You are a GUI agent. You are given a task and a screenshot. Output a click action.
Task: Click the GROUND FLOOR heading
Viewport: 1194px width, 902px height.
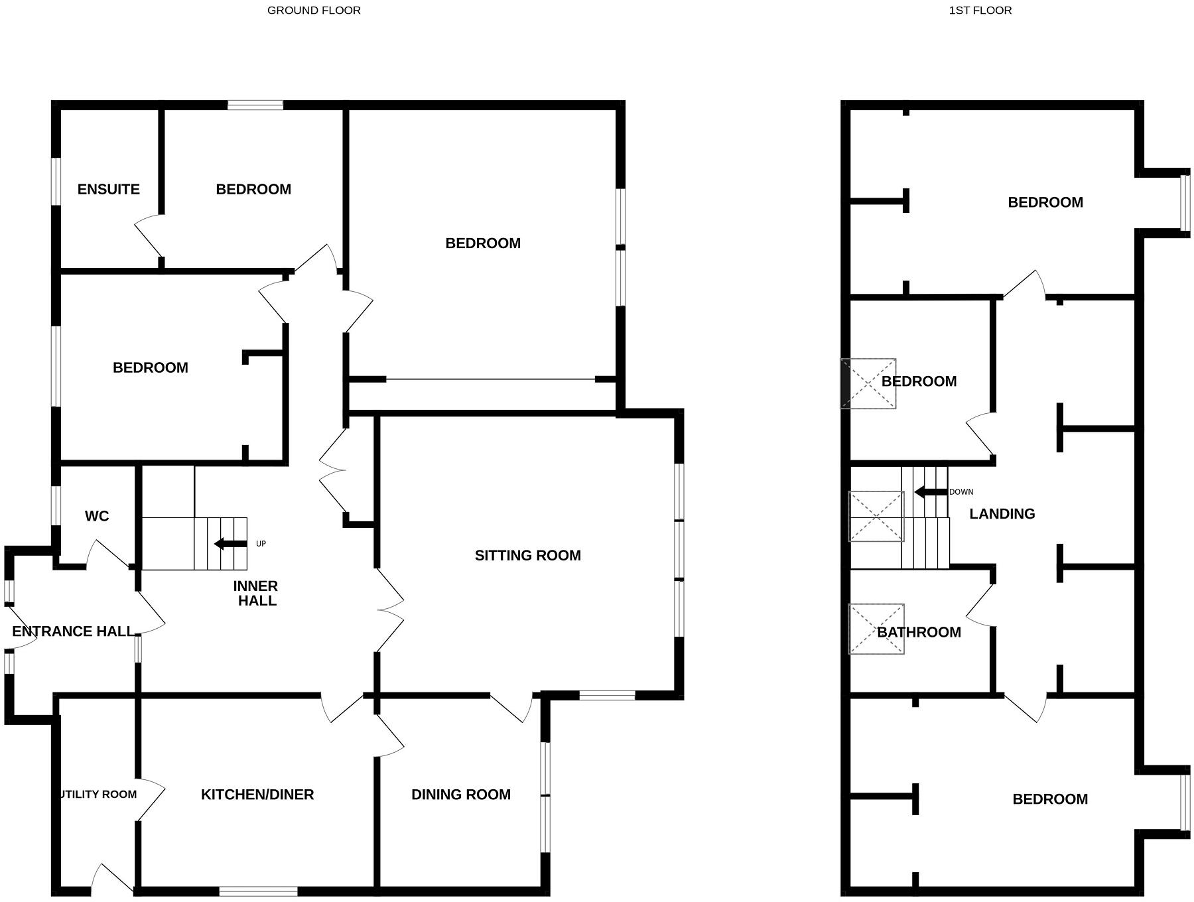314,11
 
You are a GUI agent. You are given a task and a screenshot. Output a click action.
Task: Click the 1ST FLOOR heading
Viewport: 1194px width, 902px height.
980,11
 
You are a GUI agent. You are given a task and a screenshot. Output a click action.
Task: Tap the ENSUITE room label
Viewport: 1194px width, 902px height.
108,190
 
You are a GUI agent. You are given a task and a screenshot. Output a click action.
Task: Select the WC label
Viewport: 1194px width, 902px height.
97,516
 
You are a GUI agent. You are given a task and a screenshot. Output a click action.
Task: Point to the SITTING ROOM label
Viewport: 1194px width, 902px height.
527,556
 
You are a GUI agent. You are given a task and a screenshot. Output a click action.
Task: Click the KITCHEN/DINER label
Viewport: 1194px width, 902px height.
257,795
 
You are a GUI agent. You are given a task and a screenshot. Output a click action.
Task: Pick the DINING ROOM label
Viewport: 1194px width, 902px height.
461,795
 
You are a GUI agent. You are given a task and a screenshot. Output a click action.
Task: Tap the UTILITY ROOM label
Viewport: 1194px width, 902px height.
98,795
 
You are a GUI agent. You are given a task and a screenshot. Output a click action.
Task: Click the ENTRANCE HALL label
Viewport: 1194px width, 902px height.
73,631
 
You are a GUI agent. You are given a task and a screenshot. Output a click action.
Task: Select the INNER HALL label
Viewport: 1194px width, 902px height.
256,594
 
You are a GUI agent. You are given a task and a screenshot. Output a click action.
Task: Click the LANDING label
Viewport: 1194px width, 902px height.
1002,514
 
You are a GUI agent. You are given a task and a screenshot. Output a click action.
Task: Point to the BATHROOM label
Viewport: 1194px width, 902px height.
919,633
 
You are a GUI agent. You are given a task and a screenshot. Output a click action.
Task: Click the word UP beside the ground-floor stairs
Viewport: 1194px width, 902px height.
261,544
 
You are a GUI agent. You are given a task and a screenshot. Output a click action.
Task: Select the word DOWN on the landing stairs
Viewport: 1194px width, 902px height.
961,492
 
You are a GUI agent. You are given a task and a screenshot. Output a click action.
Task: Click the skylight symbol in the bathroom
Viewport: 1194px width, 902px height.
876,629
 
